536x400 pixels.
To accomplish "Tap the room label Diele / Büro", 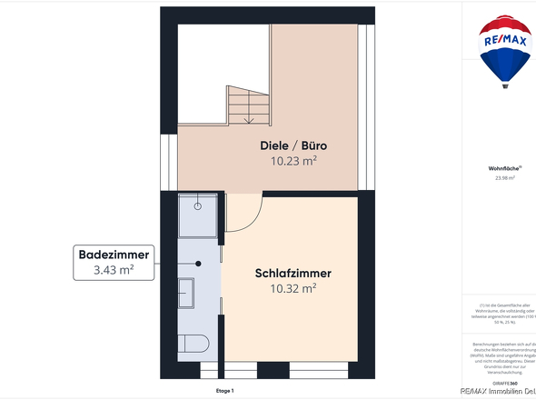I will [293, 145].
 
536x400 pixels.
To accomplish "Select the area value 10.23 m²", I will [293, 162].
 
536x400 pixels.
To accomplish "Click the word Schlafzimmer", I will [293, 273].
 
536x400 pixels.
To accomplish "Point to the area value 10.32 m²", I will [293, 289].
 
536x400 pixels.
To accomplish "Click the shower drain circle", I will [197, 209].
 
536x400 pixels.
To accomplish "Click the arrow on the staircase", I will [247, 115].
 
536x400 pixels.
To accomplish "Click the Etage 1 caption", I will [224, 391].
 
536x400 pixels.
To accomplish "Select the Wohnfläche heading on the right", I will [504, 168].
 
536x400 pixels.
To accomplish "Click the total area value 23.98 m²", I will [504, 178].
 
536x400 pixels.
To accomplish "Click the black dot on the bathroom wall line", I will [199, 263].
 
